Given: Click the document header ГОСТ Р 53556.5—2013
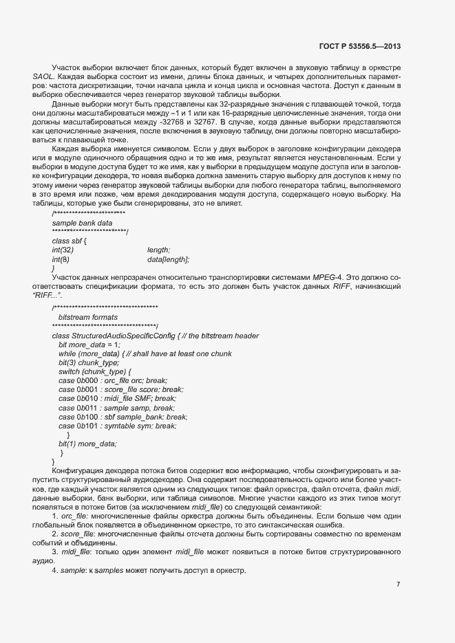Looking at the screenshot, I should click(x=360, y=47).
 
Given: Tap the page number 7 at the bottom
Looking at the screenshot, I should click(x=398, y=585).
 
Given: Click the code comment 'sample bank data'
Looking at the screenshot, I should click(x=82, y=223).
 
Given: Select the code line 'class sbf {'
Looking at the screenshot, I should click(x=69, y=241).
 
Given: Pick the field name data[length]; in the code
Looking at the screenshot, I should click(x=168, y=259).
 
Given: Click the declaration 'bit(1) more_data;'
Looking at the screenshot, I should click(x=87, y=444).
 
